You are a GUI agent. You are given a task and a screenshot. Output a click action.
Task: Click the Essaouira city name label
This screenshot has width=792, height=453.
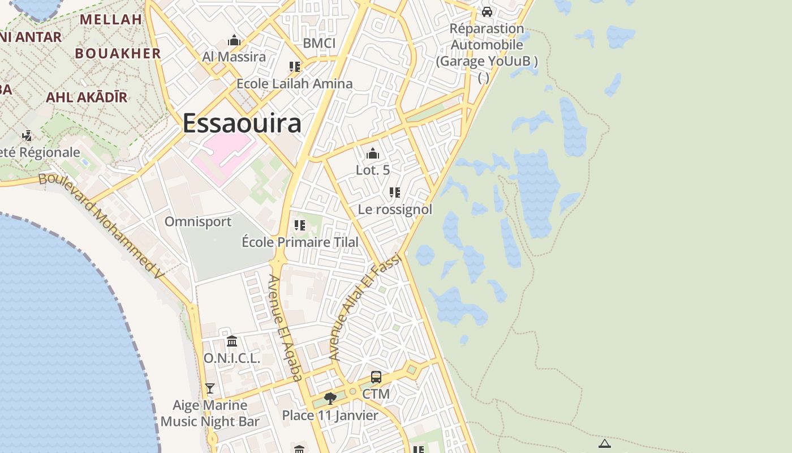[x=242, y=123]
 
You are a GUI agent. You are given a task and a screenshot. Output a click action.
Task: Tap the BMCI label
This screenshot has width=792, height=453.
[x=319, y=44]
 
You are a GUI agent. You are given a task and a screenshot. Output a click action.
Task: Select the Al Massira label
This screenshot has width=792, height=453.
[x=234, y=57]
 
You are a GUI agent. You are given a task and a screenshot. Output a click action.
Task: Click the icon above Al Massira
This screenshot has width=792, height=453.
[x=234, y=40]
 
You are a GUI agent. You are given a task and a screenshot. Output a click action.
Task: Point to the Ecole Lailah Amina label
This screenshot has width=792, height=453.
[x=294, y=84]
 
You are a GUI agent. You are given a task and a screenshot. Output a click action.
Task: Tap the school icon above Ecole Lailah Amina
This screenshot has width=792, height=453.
[x=294, y=67]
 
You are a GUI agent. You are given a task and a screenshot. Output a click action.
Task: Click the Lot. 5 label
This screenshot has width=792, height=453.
[x=373, y=169]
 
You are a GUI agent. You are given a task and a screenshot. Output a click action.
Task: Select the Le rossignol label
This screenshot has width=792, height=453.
[x=395, y=210]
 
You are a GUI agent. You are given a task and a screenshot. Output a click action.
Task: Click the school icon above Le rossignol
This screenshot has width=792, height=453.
[x=395, y=193]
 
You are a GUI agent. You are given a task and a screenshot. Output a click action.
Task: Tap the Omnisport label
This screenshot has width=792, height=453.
[x=198, y=221]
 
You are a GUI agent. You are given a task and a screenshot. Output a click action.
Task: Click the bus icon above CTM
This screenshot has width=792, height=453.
[x=376, y=377]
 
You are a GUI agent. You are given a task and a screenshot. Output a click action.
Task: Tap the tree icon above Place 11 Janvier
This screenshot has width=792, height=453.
[x=330, y=399]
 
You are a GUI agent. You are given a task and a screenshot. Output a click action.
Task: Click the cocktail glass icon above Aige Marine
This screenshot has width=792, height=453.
[x=210, y=388]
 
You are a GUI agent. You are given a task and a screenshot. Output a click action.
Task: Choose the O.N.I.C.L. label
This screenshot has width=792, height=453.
[x=231, y=358]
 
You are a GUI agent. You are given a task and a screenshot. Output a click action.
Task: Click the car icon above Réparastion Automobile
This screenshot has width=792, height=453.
[x=487, y=11]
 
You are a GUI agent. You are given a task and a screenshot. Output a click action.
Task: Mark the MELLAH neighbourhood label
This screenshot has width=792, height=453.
[x=111, y=19]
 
